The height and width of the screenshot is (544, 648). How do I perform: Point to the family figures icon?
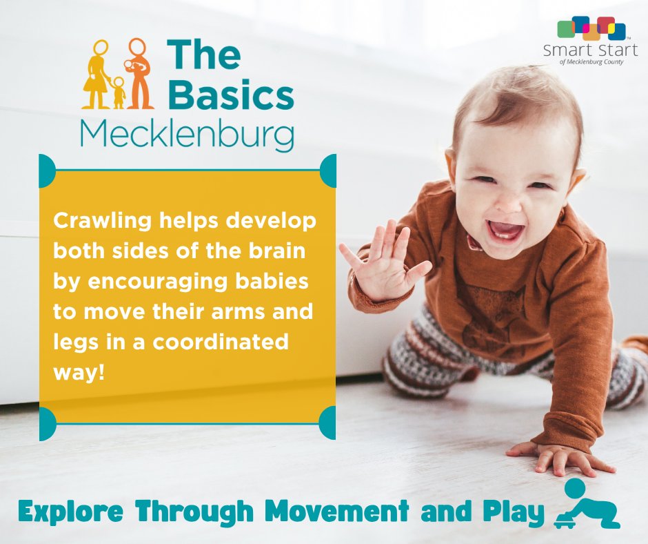tap(118, 74)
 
